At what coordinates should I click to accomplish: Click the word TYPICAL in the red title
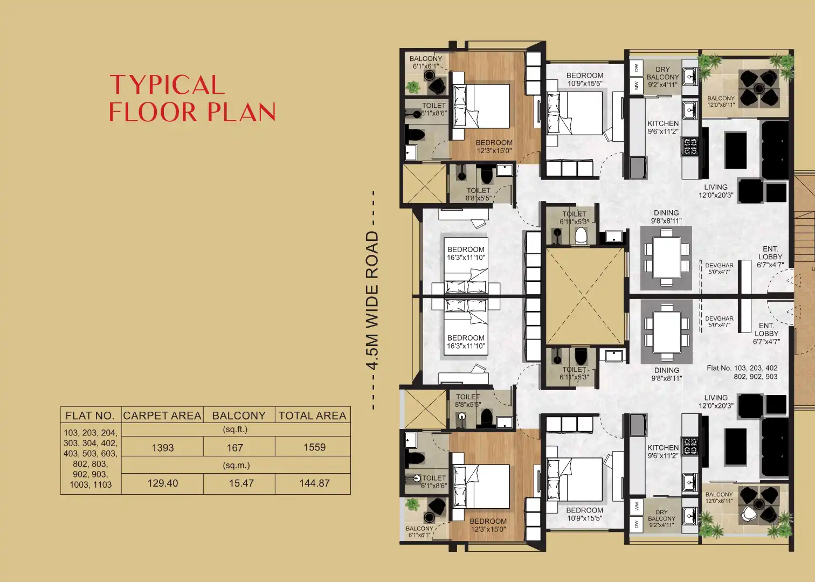167,85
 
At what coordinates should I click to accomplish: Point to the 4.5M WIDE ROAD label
372,300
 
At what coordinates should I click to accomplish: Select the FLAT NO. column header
90,415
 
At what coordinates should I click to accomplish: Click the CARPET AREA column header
162,415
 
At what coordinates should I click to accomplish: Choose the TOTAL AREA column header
312,415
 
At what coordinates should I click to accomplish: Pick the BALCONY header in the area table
239,415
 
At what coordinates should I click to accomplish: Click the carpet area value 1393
163,448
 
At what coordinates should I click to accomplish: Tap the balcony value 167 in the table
234,448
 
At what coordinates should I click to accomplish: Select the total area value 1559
314,447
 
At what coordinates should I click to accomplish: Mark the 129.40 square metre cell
163,483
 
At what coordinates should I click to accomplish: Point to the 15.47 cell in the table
241,483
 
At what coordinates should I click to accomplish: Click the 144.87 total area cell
314,483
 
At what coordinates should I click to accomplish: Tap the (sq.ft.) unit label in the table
235,429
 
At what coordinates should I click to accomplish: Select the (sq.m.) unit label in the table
236,465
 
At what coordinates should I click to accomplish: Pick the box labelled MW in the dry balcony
637,85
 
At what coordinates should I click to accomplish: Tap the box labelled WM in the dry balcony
637,507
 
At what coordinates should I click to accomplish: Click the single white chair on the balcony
749,515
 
